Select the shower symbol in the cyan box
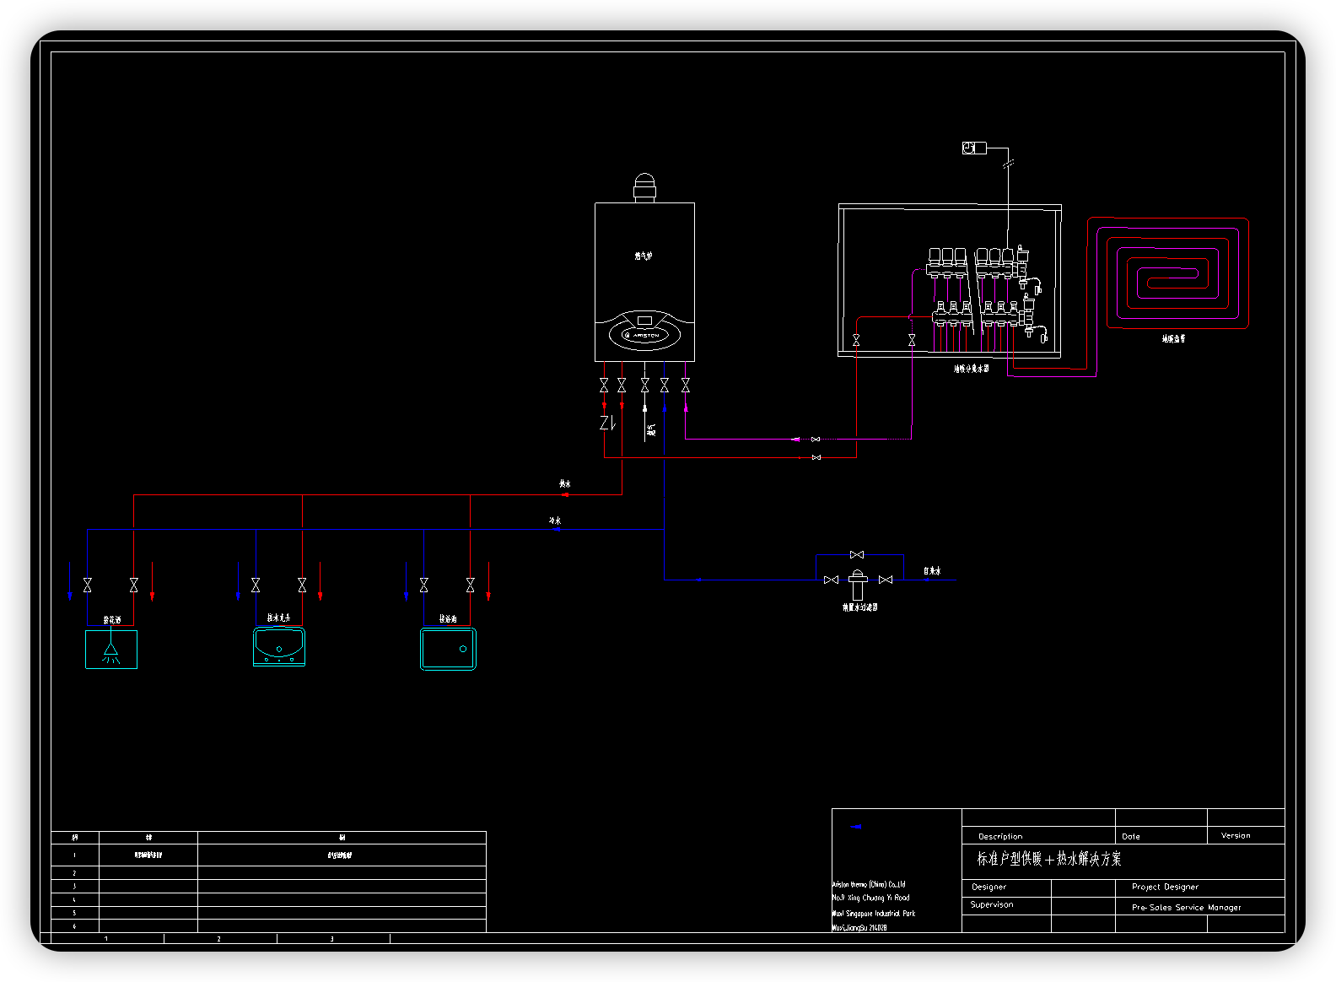110,652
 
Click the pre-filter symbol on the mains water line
858,584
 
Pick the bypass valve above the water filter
857,554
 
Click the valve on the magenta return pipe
815,440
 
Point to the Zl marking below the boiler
606,423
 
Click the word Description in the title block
1000,836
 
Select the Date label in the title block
1131,836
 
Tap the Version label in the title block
1236,835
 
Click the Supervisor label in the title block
992,904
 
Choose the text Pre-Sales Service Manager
1186,908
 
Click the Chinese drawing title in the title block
1049,859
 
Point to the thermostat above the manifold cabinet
974,148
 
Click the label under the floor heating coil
1173,338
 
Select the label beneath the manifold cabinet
971,369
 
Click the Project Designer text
1165,887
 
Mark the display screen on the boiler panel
644,321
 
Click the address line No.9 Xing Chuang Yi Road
870,898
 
